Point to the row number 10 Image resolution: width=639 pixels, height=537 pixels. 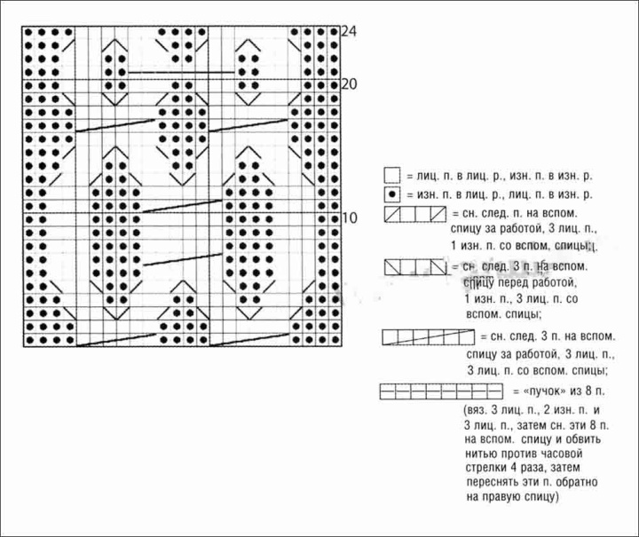[349, 217]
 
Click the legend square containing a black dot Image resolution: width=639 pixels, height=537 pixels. [391, 195]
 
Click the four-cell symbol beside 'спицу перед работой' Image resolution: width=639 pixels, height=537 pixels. [414, 266]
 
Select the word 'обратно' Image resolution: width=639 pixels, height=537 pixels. [578, 483]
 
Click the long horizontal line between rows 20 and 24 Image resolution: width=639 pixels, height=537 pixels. [182, 71]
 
